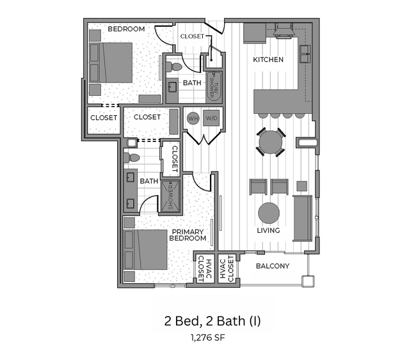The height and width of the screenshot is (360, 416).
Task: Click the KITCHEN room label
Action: click(x=268, y=59)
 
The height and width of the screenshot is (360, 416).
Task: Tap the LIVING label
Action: click(x=269, y=231)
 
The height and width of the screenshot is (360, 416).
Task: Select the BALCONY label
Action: click(x=273, y=266)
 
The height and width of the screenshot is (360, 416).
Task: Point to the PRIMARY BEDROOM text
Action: click(x=188, y=235)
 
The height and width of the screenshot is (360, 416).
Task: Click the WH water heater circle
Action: click(x=193, y=118)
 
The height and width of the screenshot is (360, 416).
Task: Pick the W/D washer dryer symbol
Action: click(x=212, y=118)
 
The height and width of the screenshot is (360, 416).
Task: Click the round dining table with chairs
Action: click(x=272, y=141)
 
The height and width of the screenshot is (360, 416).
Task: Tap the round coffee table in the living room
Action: click(x=269, y=212)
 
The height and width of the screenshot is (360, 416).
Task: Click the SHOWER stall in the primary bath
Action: click(x=170, y=196)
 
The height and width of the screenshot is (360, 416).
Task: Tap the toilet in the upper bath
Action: click(x=175, y=65)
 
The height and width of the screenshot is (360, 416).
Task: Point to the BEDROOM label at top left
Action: click(x=126, y=29)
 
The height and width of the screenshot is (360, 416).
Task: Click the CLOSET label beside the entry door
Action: click(x=191, y=36)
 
